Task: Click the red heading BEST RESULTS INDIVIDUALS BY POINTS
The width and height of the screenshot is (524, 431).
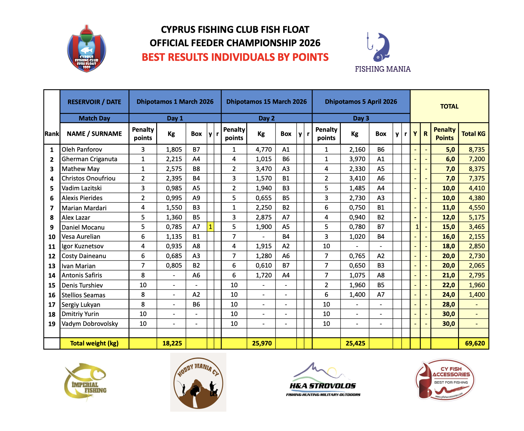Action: pyautogui.click(x=235, y=57)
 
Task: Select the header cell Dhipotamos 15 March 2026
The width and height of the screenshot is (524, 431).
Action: pyautogui.click(x=266, y=102)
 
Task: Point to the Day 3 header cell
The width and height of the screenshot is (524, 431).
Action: pyautogui.click(x=361, y=118)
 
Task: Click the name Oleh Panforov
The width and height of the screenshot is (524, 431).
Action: pyautogui.click(x=82, y=150)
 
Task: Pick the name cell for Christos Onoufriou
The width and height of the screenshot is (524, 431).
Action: pyautogui.click(x=89, y=178)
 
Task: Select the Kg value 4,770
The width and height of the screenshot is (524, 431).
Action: pyautogui.click(x=263, y=150)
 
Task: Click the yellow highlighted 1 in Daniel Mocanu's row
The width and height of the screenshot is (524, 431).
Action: pyautogui.click(x=210, y=227)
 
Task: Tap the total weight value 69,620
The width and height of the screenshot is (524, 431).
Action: pyautogui.click(x=475, y=343)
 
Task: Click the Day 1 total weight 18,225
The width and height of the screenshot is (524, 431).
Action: pyautogui.click(x=172, y=343)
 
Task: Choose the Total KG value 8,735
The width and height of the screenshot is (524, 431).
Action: pyautogui.click(x=476, y=150)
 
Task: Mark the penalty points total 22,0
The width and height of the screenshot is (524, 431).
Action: pyautogui.click(x=448, y=285)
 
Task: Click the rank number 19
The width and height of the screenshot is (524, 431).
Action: pyautogui.click(x=52, y=324)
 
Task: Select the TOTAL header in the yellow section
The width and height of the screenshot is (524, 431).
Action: pyautogui.click(x=449, y=106)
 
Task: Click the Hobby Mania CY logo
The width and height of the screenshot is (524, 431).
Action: pyautogui.click(x=198, y=382)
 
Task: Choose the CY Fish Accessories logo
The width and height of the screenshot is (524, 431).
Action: pyautogui.click(x=445, y=380)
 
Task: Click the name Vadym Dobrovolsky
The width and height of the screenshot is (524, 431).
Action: pyautogui.click(x=90, y=324)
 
